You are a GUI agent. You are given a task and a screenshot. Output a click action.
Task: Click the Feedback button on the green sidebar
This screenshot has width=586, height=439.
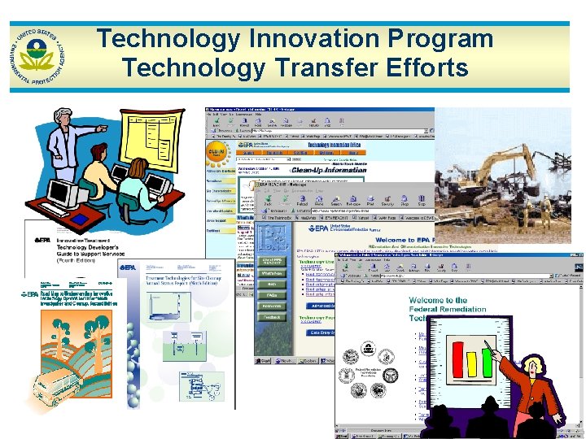(271, 317)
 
